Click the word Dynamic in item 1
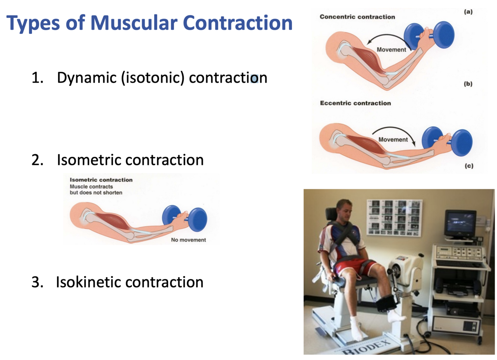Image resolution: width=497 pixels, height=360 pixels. (x=86, y=78)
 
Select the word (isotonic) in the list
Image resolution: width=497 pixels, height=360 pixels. (x=152, y=78)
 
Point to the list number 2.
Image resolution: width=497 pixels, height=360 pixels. (x=37, y=160)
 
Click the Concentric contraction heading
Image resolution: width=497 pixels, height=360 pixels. (x=357, y=17)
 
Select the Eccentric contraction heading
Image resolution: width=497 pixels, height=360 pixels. (x=355, y=103)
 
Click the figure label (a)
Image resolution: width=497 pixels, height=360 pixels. (x=468, y=12)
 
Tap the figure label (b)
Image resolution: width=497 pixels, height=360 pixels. (x=468, y=84)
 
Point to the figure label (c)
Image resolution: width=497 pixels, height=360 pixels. (x=469, y=166)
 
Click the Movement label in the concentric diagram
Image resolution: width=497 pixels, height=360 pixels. (x=391, y=50)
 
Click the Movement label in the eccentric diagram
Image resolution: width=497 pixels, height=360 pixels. (x=393, y=140)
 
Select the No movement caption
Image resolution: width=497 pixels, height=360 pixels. (x=188, y=240)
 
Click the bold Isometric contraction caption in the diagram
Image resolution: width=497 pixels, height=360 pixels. (x=101, y=180)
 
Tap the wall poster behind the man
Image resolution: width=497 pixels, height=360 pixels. (x=394, y=217)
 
